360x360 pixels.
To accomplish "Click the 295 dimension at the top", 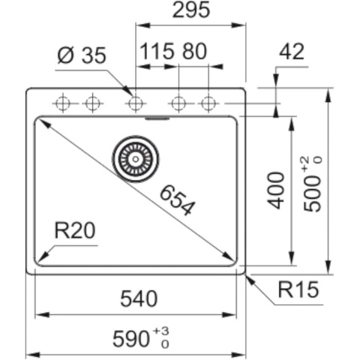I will click(190, 10).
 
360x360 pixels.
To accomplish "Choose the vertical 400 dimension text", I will click(277, 190).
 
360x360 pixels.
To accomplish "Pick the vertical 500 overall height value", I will click(315, 193).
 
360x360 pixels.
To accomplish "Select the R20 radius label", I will click(76, 231).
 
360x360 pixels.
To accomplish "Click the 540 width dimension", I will click(139, 298).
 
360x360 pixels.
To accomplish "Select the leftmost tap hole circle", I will click(64, 103).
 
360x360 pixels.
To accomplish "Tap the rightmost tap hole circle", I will click(208, 103).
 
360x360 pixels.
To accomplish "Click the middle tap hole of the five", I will click(135, 103).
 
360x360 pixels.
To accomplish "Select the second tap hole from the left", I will click(91, 103).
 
